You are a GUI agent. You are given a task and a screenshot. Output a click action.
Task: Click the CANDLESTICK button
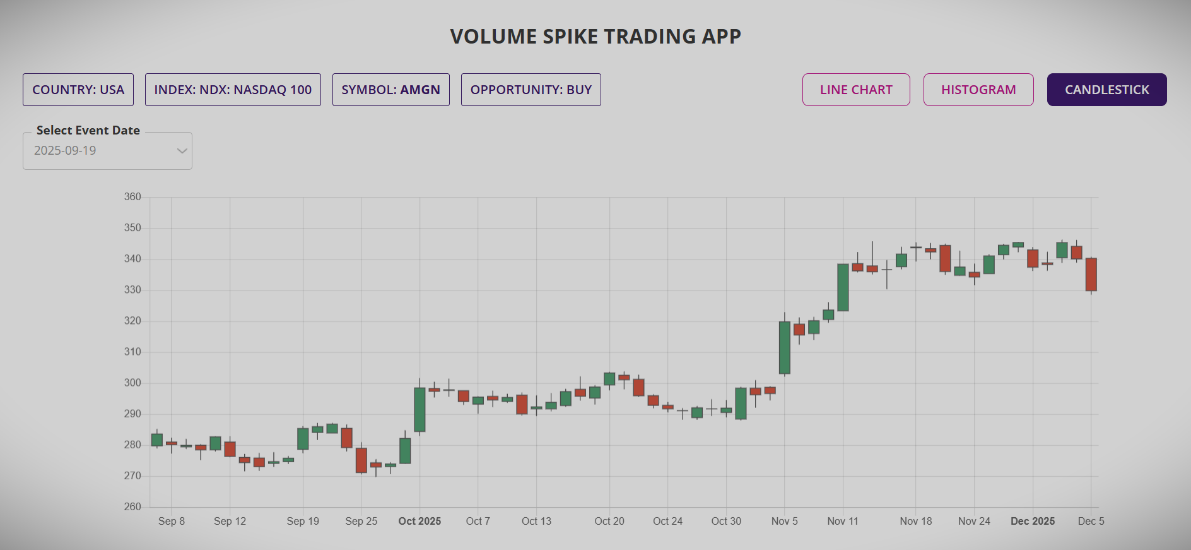point(1106,90)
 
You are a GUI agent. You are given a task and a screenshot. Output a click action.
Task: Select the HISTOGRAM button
point(978,90)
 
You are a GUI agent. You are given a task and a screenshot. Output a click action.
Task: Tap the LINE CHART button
point(856,90)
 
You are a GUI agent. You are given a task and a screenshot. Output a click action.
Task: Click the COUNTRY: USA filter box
point(78,90)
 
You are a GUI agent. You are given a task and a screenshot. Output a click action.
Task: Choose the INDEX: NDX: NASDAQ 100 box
point(233,90)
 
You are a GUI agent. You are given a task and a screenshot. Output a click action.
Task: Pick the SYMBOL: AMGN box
point(390,90)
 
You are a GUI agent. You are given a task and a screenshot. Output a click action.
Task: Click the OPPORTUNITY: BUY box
point(531,90)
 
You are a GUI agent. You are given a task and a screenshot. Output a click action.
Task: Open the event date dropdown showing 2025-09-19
point(107,151)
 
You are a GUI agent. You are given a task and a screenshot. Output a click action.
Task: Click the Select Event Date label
point(88,130)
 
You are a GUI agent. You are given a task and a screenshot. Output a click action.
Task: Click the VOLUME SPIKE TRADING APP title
point(595,37)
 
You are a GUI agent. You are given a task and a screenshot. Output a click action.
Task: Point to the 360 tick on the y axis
point(132,197)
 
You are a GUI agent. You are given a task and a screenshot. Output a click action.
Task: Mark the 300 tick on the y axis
point(132,383)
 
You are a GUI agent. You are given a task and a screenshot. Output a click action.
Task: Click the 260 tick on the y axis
point(132,506)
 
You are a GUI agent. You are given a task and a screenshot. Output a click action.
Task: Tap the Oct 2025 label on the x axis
point(419,521)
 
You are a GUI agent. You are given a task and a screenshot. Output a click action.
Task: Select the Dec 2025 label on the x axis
point(1033,521)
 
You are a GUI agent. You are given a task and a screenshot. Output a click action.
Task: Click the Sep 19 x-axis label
point(303,521)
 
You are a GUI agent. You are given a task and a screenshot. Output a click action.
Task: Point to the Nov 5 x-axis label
point(784,521)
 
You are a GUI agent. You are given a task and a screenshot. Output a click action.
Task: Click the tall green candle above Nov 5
point(784,347)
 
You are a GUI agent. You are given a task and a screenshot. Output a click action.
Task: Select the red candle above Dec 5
point(1091,274)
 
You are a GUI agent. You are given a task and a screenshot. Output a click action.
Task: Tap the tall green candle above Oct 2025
point(419,409)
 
